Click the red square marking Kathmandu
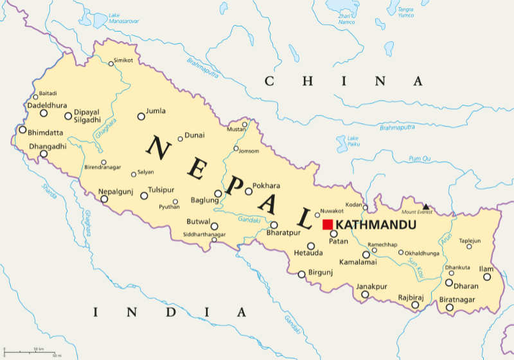328,224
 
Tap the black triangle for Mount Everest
425,207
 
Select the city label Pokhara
267,185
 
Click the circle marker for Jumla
141,116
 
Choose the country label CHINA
344,81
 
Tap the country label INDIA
170,312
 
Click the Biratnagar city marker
450,308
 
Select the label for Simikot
123,60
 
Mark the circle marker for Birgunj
301,274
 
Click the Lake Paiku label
353,141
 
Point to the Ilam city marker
487,277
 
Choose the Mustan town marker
245,125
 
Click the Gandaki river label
249,220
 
